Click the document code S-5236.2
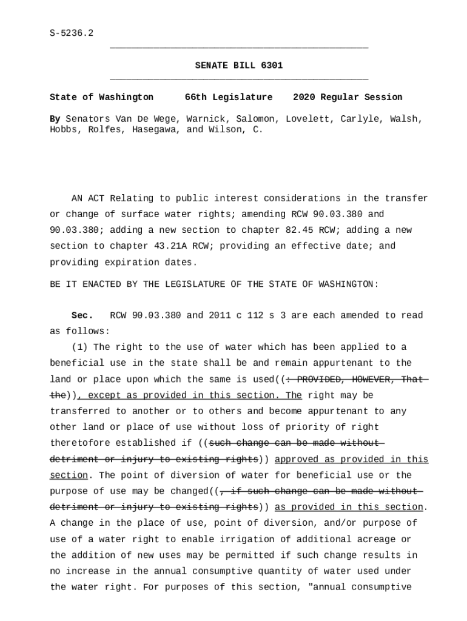[72, 33]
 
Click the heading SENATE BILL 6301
[238, 65]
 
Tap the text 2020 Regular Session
[348, 97]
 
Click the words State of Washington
[101, 97]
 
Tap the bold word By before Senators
[55, 119]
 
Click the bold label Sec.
[82, 315]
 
